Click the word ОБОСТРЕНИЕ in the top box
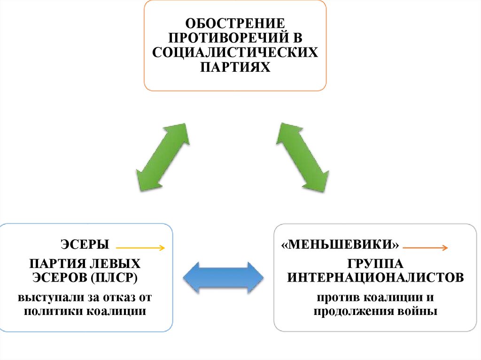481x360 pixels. tap(234, 23)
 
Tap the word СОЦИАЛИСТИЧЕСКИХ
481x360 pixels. tap(235, 53)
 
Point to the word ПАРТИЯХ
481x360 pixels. tap(235, 68)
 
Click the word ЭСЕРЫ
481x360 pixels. tap(85, 245)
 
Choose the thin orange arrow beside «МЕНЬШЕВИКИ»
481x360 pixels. tap(426, 247)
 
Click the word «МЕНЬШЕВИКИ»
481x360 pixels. tap(341, 245)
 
